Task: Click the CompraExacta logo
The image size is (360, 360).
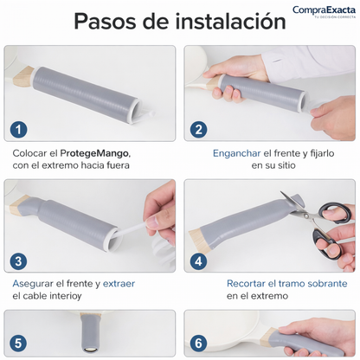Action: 324,11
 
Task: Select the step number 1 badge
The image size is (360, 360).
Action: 19,130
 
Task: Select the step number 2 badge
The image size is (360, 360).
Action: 198,130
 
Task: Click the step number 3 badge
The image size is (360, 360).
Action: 18,261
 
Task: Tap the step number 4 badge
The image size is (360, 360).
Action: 198,261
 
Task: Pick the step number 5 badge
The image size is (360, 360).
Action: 18,344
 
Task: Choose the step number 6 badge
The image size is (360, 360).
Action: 198,344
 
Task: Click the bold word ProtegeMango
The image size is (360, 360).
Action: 95,153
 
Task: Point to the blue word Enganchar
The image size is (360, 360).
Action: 237,153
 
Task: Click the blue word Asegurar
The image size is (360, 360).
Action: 33,284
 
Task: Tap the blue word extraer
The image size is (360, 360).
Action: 119,284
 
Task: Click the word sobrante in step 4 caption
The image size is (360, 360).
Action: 327,284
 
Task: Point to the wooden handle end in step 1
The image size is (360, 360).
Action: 23,76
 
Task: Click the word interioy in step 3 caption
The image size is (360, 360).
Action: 66,296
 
